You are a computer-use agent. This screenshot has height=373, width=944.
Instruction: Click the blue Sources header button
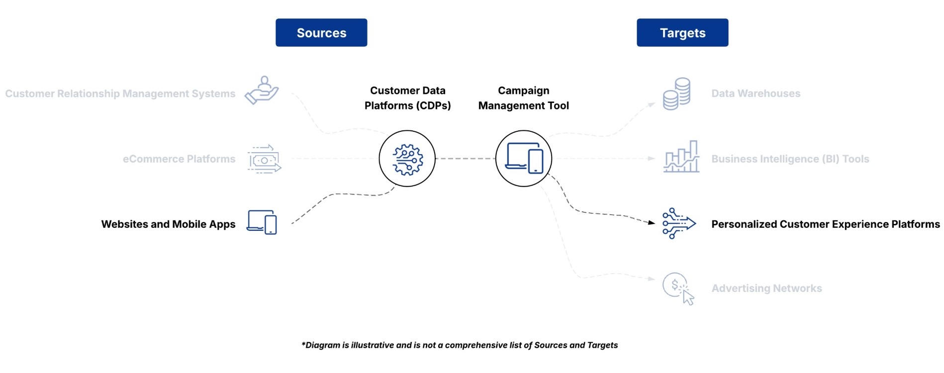click(x=321, y=33)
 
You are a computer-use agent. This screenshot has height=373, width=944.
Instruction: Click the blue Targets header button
click(x=682, y=33)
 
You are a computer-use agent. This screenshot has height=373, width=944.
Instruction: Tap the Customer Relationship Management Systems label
click(x=120, y=93)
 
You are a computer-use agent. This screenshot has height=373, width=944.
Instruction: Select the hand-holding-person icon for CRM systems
click(x=262, y=91)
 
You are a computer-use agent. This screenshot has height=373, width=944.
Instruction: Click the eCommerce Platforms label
click(x=179, y=159)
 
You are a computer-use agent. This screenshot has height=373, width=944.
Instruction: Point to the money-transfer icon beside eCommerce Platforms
click(x=264, y=159)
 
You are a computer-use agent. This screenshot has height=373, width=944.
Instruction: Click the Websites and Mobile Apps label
click(x=168, y=224)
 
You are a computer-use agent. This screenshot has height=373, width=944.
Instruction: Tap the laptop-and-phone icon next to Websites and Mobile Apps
click(x=262, y=222)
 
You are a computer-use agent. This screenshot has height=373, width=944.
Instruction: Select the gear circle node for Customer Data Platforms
click(x=407, y=159)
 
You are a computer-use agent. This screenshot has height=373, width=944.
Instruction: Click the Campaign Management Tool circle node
click(x=523, y=159)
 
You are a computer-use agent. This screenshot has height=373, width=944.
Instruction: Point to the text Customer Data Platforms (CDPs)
click(x=407, y=98)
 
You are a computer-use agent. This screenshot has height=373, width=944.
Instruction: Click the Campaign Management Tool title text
click(x=523, y=98)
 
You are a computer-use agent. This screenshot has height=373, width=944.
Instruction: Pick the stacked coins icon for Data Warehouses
click(x=676, y=93)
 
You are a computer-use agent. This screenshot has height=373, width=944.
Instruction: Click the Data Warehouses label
click(x=755, y=93)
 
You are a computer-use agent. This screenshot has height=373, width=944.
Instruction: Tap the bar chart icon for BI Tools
click(x=681, y=157)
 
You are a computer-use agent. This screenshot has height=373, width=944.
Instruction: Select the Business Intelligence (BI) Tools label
click(x=790, y=159)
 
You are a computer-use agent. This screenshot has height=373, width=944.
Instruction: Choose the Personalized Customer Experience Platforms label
click(x=825, y=224)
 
